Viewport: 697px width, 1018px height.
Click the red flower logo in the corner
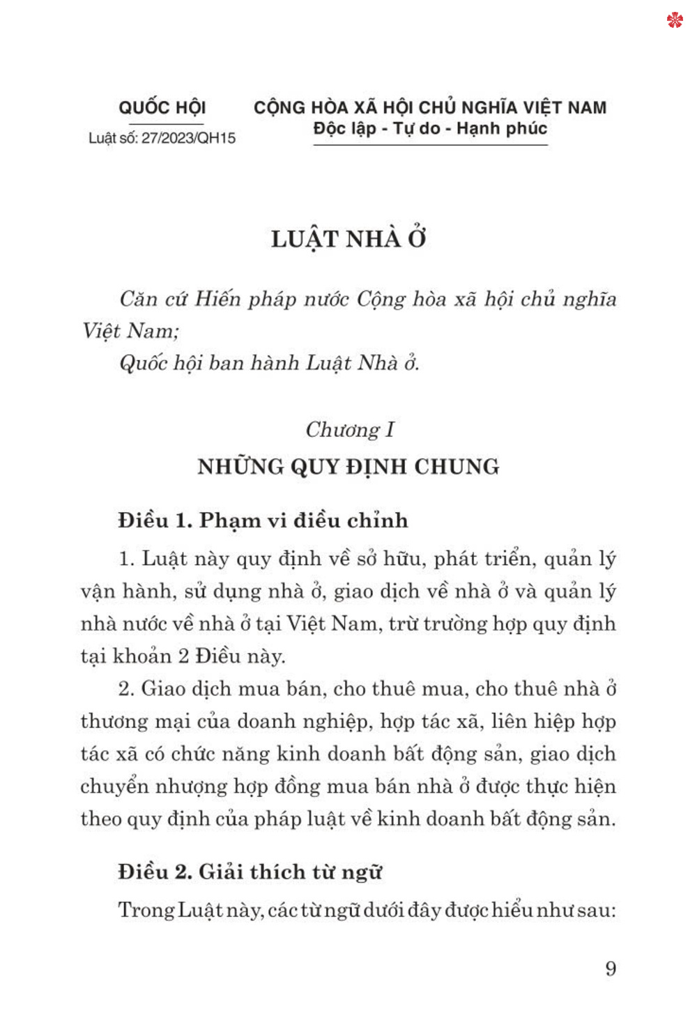coord(674,20)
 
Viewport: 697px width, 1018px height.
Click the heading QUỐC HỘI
coord(162,107)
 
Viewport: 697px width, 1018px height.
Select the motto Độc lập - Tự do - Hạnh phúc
coord(430,129)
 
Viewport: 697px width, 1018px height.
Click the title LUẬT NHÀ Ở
coord(348,239)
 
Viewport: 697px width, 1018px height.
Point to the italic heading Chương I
coord(350,429)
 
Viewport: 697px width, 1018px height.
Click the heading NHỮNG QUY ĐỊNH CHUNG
coord(348,466)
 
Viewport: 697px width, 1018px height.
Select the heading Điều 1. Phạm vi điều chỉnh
coord(263,520)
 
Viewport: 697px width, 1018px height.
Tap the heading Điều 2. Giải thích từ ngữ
coord(250,872)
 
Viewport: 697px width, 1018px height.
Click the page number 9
coord(611,969)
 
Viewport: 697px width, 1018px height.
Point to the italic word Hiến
coord(217,299)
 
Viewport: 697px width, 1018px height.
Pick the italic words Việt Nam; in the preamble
coord(130,331)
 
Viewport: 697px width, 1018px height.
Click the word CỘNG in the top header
coord(279,107)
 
